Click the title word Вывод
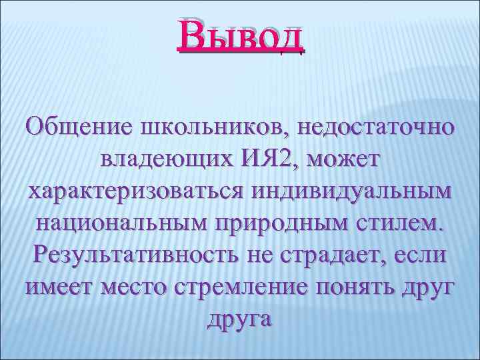point(240,37)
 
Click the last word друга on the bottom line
point(240,319)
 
